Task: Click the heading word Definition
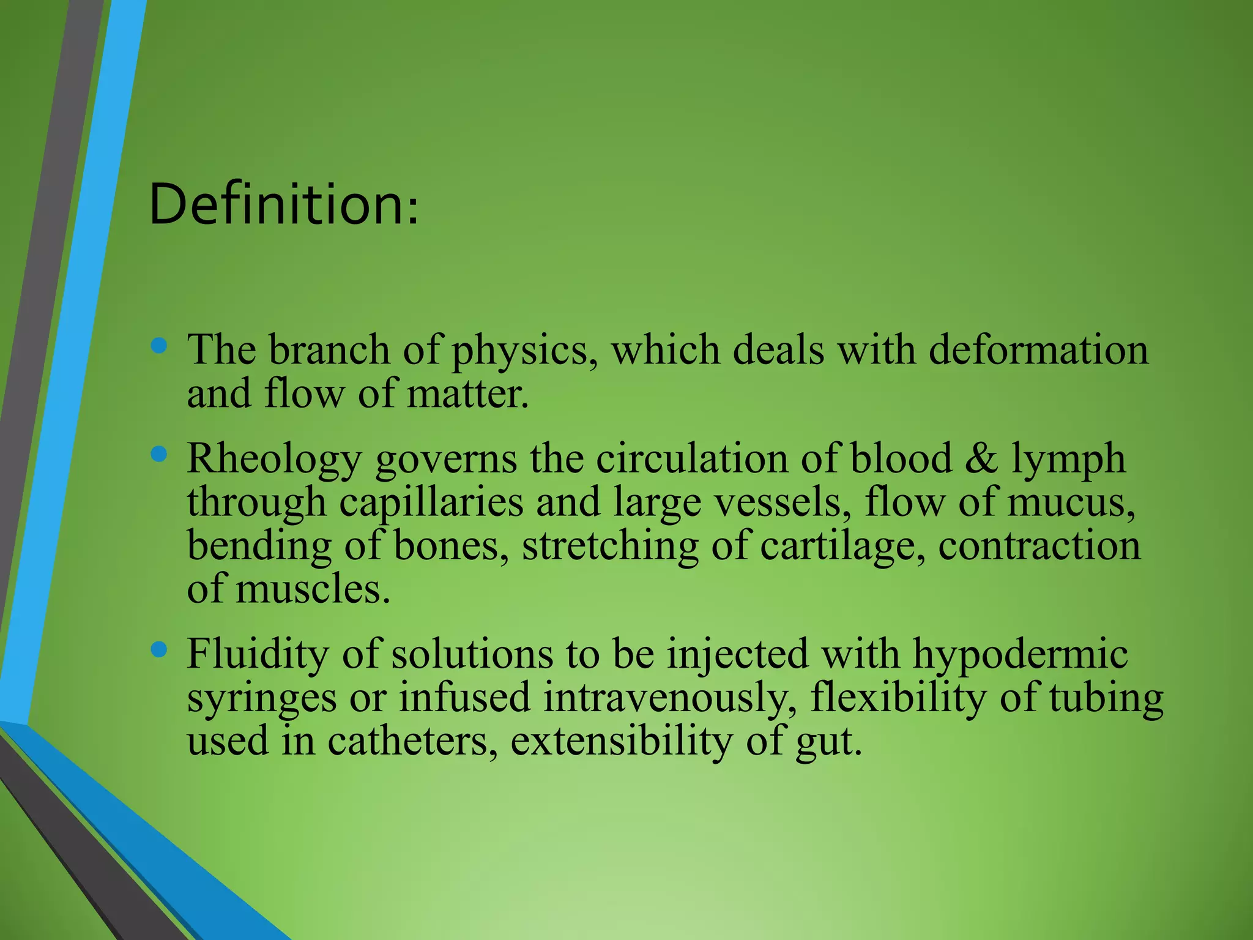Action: click(283, 204)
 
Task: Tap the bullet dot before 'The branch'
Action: click(158, 346)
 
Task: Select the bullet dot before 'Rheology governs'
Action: click(158, 455)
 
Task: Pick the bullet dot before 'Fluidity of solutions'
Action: click(158, 650)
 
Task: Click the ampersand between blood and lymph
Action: click(981, 458)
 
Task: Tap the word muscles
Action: click(313, 589)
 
